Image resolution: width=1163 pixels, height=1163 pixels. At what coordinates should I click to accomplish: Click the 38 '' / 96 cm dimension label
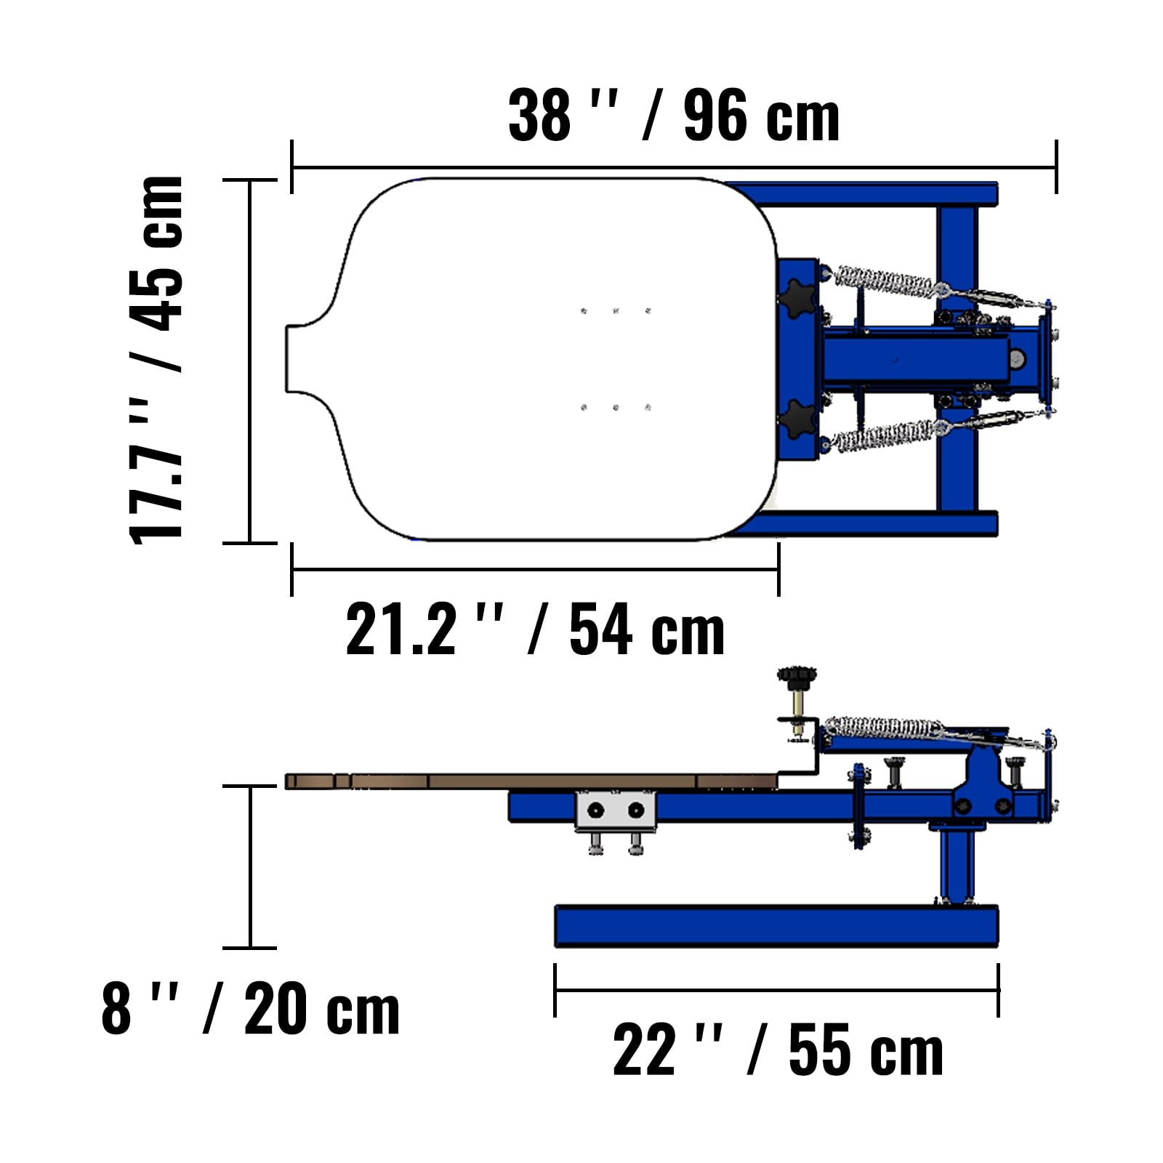674,116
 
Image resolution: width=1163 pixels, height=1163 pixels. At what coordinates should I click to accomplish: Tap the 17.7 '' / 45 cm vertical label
156,360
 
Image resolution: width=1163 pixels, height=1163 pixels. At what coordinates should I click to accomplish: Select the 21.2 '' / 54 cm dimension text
535,629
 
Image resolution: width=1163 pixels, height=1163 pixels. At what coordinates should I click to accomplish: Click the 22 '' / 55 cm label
778,1050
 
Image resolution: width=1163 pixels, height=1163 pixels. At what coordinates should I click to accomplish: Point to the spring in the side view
883,728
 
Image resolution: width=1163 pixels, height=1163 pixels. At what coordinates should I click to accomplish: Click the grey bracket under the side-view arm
616,810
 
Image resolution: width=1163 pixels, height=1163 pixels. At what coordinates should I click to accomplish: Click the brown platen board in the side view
531,781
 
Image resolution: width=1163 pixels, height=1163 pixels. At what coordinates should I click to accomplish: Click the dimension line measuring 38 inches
674,168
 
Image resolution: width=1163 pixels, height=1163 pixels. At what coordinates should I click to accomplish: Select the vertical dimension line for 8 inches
251,866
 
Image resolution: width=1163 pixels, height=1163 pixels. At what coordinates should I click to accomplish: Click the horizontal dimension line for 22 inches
776,990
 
